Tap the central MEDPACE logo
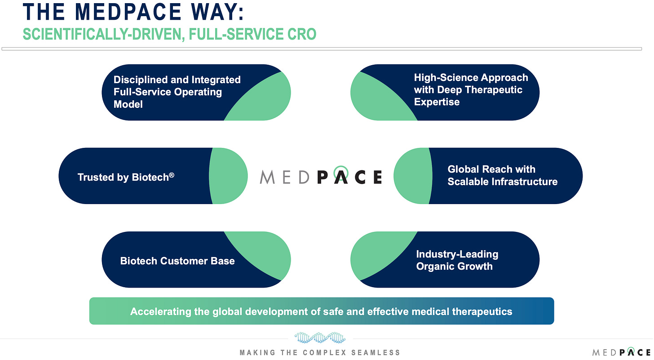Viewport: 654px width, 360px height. [321, 177]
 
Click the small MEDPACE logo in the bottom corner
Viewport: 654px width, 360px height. [622, 352]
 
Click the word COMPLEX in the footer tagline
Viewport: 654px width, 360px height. [330, 352]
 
